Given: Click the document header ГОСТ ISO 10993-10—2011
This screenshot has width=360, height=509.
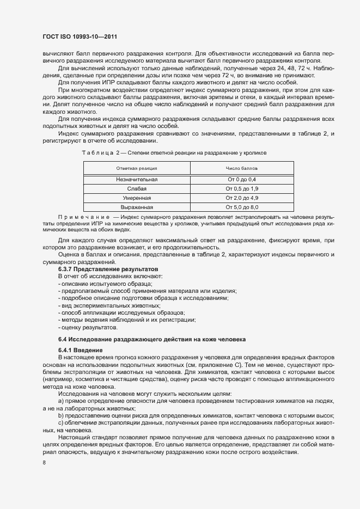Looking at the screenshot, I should (x=80, y=36).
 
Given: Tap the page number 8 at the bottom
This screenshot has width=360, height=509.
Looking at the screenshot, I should (x=44, y=463).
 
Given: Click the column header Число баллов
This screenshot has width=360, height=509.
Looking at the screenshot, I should (x=242, y=169).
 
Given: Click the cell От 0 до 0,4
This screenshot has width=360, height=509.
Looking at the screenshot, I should (x=242, y=179).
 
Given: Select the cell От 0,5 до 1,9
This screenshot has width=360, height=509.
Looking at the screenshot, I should (x=242, y=188).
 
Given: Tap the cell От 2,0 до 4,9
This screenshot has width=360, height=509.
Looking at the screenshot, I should (x=242, y=198).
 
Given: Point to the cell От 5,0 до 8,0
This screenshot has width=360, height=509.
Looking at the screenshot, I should (x=242, y=207).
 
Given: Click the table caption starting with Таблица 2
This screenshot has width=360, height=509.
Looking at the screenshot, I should (x=174, y=153).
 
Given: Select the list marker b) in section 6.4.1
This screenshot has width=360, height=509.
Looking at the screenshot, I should (x=60, y=415).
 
